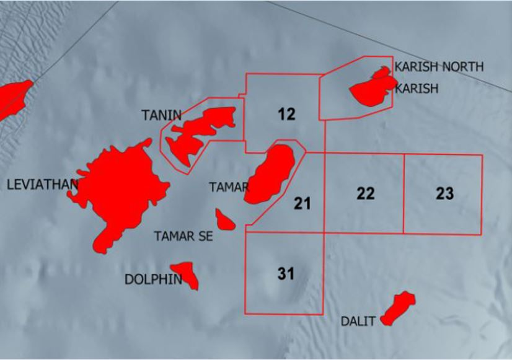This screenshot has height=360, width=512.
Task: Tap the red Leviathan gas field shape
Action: [121, 186]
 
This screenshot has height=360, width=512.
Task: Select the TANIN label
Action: [161, 115]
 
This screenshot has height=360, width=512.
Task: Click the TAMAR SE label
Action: [183, 236]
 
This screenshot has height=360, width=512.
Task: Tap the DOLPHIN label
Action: [153, 279]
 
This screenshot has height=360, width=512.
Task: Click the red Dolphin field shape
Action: [187, 275]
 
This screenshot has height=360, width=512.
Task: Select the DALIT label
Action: [358, 322]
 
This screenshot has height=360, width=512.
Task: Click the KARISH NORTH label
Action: [439, 67]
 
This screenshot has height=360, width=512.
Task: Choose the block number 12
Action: [286, 114]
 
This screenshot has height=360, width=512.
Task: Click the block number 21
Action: [302, 203]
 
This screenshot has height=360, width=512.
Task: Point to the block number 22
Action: [366, 193]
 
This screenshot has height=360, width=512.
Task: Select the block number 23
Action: [444, 193]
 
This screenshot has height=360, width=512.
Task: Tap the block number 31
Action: [286, 273]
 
